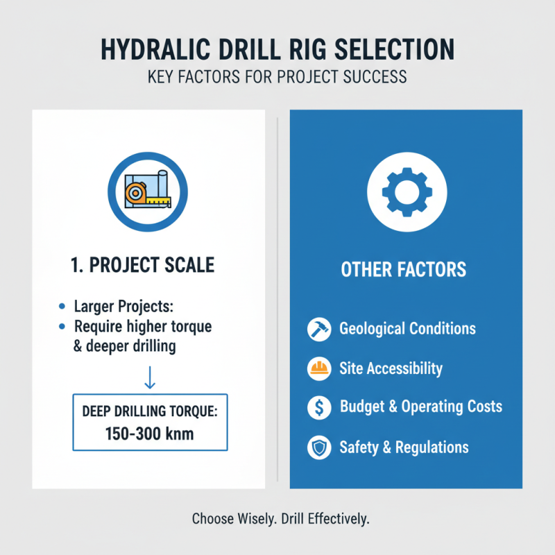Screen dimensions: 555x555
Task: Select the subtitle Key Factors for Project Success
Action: click(277, 76)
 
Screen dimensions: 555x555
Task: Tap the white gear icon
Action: click(406, 189)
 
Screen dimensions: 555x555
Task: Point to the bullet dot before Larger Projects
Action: click(63, 307)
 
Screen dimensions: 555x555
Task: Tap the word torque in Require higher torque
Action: click(187, 326)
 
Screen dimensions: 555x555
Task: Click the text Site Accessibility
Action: click(391, 368)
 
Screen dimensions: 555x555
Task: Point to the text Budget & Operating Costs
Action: click(420, 407)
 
